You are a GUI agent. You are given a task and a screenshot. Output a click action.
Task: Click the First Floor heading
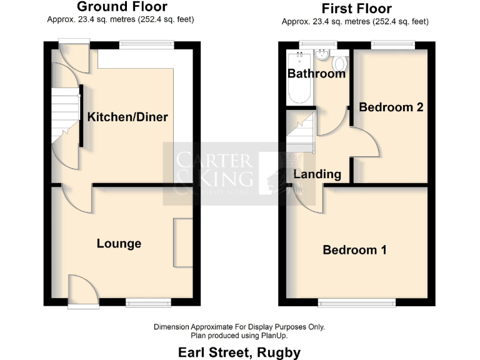(356, 9)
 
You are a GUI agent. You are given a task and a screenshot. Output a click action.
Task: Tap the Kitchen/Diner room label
(127, 117)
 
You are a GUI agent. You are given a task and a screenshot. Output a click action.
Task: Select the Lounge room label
(119, 243)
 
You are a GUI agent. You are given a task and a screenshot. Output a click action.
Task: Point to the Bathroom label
(316, 73)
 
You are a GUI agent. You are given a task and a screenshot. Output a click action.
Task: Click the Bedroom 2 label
(391, 107)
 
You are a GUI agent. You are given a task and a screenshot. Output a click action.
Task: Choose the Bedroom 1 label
(354, 250)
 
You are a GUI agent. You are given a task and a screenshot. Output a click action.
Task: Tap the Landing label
(317, 174)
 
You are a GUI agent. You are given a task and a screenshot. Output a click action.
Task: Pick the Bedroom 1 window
(357, 303)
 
